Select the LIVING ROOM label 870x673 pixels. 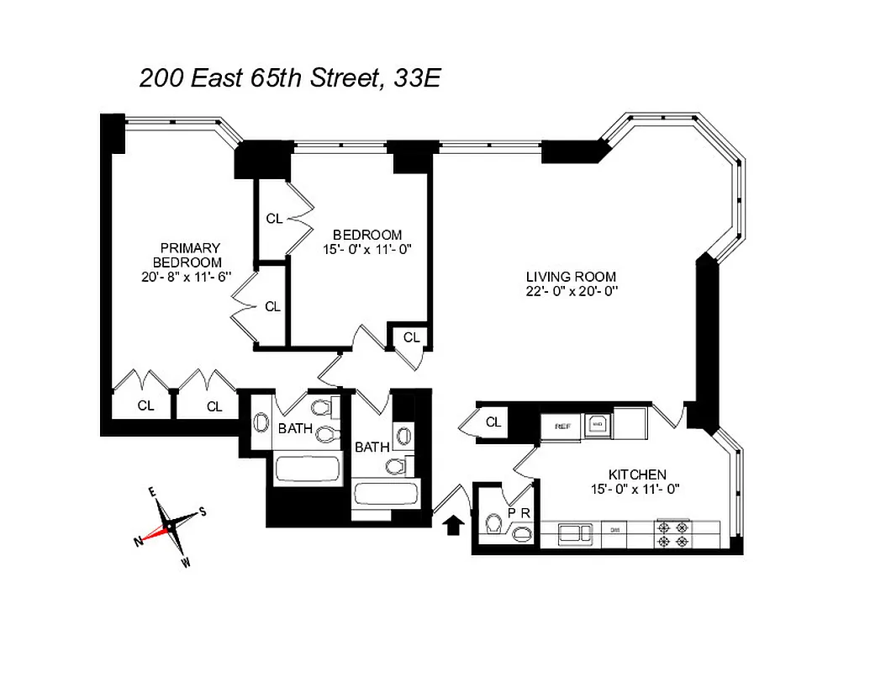click(571, 277)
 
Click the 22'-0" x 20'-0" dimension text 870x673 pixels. click(572, 291)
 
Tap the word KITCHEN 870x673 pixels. click(638, 474)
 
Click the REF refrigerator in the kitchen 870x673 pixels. click(562, 427)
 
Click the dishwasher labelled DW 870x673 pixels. click(614, 532)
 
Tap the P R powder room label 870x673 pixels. click(518, 513)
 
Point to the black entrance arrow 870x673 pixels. click(452, 526)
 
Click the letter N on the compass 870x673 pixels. click(138, 543)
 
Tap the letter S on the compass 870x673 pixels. click(203, 511)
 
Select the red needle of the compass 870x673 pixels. click(156, 533)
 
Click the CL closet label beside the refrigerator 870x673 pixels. click(493, 422)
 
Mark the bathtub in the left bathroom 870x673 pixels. click(307, 469)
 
